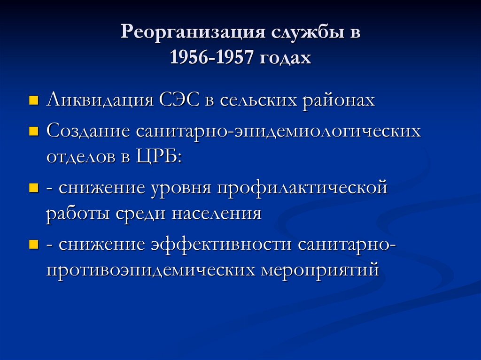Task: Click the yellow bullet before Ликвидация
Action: tap(33, 100)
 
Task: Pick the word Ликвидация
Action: tap(99, 100)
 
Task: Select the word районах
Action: tap(341, 100)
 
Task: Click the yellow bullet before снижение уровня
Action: tap(33, 189)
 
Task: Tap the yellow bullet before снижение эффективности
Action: tap(33, 245)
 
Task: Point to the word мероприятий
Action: tap(322, 270)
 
